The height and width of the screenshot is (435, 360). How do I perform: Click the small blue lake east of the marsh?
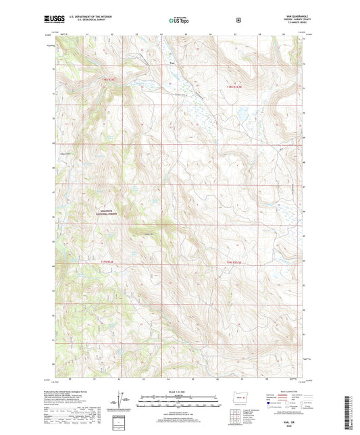click(x=238, y=122)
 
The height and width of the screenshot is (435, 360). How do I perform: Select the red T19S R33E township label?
click(x=234, y=262)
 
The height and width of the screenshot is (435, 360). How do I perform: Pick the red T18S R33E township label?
click(x=234, y=86)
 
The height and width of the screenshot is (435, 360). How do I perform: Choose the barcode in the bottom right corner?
click(x=352, y=409)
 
